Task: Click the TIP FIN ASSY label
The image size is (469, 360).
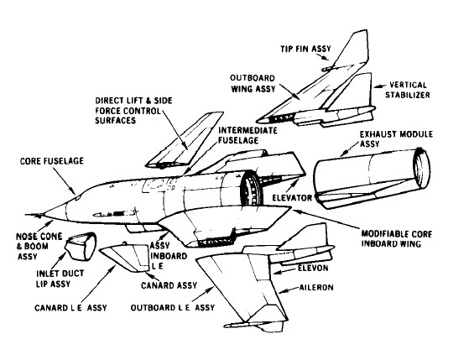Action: (x=305, y=49)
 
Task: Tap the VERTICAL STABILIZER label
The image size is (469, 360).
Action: (x=408, y=90)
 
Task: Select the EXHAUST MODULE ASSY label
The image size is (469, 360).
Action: (x=396, y=138)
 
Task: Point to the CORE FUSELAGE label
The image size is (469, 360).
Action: (x=52, y=161)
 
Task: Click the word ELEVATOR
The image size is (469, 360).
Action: (x=292, y=198)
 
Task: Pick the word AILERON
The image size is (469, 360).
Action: (x=316, y=288)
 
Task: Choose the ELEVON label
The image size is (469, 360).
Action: (x=313, y=268)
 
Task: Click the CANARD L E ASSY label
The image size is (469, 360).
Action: (x=70, y=308)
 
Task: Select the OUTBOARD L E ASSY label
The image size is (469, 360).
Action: (x=173, y=307)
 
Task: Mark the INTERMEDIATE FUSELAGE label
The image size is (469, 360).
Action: (x=248, y=135)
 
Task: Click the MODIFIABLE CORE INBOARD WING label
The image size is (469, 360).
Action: (x=397, y=238)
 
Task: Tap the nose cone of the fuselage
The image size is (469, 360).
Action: (x=55, y=211)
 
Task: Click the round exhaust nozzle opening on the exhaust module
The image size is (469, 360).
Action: (x=421, y=168)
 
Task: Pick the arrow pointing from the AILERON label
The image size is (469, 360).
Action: (x=289, y=290)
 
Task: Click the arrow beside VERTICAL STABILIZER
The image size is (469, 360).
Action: (x=378, y=86)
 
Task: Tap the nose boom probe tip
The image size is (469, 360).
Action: (x=27, y=215)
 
